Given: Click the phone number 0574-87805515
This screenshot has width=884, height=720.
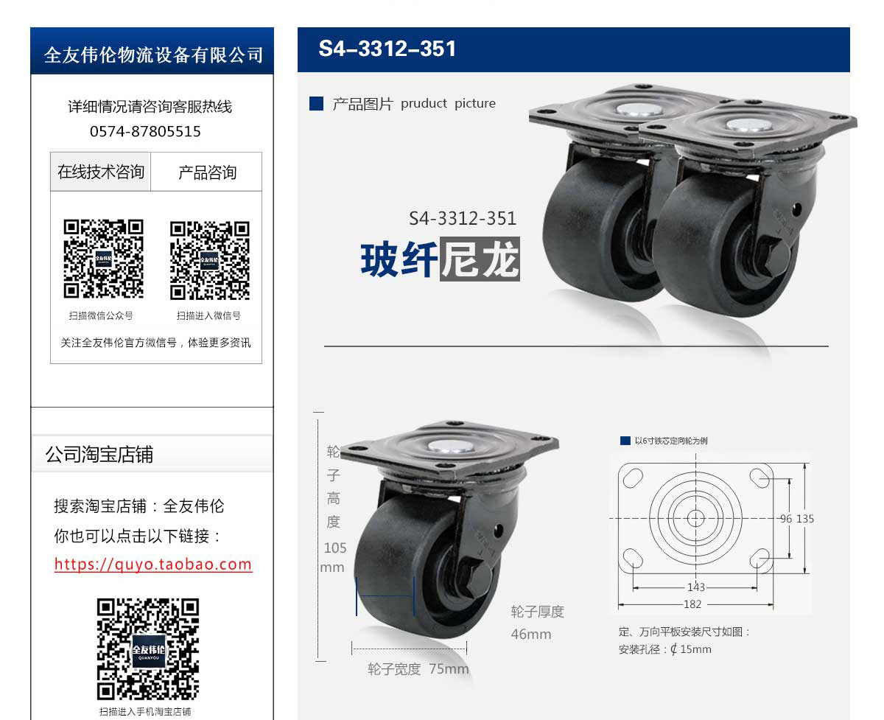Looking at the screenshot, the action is tap(145, 131).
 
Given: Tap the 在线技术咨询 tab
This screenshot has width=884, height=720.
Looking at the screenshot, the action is tap(100, 172).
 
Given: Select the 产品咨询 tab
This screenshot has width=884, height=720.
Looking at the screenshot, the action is tap(207, 172).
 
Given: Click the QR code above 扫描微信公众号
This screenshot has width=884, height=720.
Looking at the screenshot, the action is tap(103, 259).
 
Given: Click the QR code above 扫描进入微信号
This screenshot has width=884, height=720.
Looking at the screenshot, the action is tap(210, 260).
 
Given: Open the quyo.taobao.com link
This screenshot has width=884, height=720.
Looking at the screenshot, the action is tap(153, 564).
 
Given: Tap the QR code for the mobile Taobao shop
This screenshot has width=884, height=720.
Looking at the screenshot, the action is tap(148, 649).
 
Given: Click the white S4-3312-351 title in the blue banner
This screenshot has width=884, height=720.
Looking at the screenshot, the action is tap(387, 49).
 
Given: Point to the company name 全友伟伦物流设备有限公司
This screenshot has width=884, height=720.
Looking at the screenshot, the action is tap(153, 55).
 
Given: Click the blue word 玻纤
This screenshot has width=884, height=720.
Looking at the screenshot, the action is tap(399, 259).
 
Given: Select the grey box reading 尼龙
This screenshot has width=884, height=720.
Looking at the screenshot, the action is tap(480, 259).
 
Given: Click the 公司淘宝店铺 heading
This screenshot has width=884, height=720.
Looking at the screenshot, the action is tap(99, 454).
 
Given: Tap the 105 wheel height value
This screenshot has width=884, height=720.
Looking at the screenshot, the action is tap(335, 548).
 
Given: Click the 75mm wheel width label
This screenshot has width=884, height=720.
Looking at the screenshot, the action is tap(449, 669).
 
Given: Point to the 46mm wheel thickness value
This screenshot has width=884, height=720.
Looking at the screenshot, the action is tap(531, 634).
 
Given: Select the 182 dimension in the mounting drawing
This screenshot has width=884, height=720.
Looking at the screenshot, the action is tap(692, 604).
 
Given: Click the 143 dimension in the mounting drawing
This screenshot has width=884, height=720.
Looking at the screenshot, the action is tap(696, 587).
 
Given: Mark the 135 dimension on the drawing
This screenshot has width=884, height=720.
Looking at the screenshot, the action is tap(805, 519).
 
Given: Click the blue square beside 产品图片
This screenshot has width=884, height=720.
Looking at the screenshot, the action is tap(316, 103).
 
